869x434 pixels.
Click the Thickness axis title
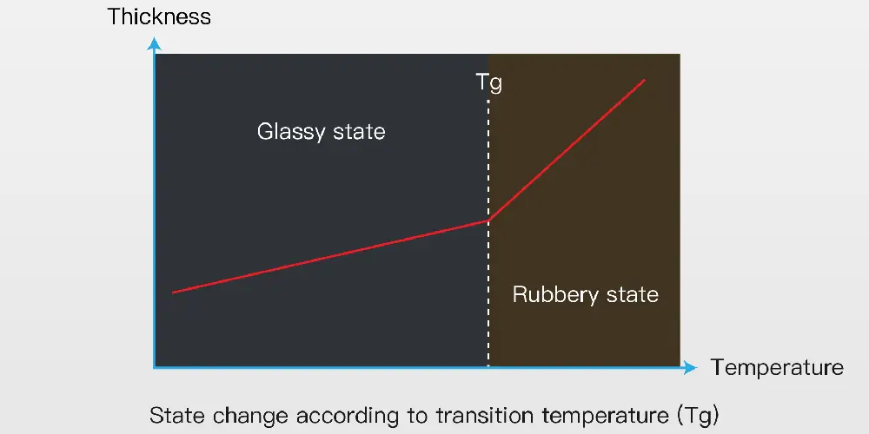click(x=159, y=16)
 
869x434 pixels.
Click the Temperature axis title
click(x=777, y=367)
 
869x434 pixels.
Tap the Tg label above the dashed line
click(x=488, y=83)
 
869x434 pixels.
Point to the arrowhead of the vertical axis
click(x=154, y=43)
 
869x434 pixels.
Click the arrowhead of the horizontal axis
click(x=690, y=367)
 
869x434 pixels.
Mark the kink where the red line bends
click(x=488, y=220)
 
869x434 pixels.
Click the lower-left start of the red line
click(x=173, y=293)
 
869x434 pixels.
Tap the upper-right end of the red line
click(x=645, y=80)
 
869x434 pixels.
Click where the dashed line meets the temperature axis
click(x=488, y=366)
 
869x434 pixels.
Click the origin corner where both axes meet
click(x=155, y=367)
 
